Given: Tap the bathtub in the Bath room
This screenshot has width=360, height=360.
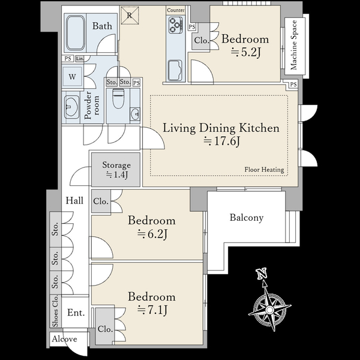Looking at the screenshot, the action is point(76,33).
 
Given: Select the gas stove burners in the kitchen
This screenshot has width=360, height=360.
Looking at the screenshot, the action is point(176,25).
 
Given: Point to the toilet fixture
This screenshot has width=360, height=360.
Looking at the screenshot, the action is point(118,99).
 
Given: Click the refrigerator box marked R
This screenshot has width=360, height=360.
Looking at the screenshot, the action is point(130,16).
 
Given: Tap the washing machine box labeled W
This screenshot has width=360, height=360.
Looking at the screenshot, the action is point(72,76).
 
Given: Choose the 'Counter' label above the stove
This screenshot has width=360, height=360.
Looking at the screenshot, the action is point(176,10).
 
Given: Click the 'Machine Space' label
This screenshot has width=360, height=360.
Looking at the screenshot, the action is point(294,45).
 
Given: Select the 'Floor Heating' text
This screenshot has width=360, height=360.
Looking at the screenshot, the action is point(264,170).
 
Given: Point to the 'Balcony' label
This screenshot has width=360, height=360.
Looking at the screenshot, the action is point(247,218).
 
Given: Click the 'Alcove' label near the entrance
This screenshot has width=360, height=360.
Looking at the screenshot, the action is point(64,339).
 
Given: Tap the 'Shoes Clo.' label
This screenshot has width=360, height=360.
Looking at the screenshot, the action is point(55,311).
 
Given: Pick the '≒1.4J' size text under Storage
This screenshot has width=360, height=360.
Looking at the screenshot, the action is point(116,175).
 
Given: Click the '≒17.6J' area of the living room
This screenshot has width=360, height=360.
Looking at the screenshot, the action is point(222,141).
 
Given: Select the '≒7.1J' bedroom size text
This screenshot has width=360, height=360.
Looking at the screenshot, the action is point(152,310).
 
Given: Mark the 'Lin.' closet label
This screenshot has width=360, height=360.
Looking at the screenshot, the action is point(80,59).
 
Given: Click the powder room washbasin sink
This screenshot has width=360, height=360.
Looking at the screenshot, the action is point(71,107).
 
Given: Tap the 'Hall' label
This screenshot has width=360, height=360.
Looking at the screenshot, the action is point(74,200).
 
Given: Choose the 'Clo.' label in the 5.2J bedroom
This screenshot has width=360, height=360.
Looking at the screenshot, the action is point(202,40).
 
